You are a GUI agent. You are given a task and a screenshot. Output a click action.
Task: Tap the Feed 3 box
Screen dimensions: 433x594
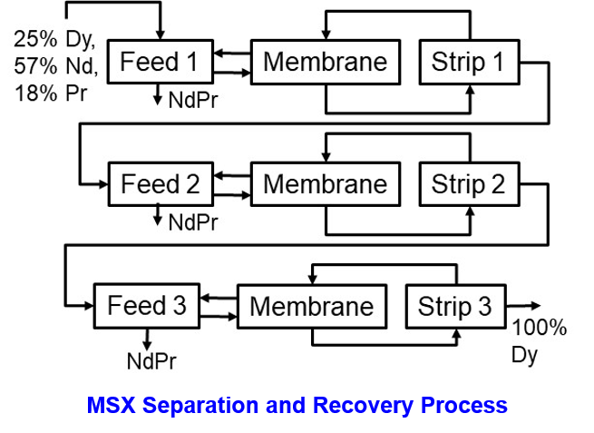tap(147, 306)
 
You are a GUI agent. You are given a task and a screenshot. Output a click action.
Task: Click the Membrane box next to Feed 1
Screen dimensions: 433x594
tap(325, 62)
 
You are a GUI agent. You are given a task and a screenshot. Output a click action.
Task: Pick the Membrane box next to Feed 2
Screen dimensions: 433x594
tap(325, 184)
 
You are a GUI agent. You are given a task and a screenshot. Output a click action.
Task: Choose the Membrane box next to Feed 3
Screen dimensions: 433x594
tap(311, 306)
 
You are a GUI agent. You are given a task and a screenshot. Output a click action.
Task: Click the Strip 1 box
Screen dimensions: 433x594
tap(468, 62)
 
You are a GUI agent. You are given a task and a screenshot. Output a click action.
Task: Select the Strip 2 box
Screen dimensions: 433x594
tap(468, 184)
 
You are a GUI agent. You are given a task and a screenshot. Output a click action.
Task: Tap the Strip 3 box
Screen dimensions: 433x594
tap(454, 306)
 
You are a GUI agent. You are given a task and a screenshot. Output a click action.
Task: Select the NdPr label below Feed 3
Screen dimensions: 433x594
tap(151, 361)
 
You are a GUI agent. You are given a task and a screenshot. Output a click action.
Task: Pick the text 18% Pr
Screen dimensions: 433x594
tap(51, 91)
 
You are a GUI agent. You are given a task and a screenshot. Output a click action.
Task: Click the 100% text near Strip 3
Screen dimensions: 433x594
tap(540, 329)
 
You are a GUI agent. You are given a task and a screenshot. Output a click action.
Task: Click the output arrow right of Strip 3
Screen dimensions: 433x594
tap(523, 307)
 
